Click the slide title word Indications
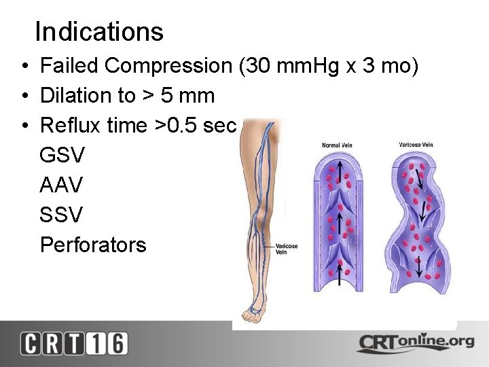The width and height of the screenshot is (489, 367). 99,32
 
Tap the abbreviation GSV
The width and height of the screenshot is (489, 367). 62,156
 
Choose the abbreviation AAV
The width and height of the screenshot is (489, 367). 62,186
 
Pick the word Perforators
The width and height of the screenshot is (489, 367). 93,245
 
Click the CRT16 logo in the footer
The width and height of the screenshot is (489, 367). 73,343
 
